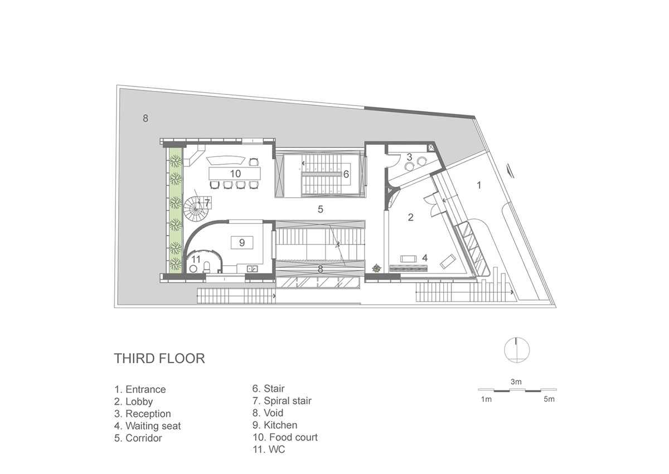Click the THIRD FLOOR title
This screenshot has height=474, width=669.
coord(159,358)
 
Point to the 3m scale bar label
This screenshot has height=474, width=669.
coord(516,382)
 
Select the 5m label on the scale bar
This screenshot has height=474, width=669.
coord(549,399)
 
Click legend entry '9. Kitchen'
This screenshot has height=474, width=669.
coord(275,425)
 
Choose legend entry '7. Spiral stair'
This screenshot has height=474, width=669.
coord(282,401)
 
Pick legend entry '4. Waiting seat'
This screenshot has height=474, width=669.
coord(148,425)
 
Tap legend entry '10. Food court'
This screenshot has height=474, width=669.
coord(285,437)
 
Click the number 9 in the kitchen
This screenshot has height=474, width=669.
coord(242,242)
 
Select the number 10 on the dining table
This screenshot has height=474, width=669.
coord(235,174)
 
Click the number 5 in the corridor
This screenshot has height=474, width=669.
coord(321,209)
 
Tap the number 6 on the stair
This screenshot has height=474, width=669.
coord(346,174)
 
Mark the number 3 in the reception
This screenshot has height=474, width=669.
coord(409,157)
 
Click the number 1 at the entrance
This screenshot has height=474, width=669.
coord(479,185)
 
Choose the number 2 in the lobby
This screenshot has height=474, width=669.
coord(411,217)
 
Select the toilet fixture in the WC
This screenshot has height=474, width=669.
coord(207,267)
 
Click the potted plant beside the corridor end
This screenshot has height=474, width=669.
coord(377,268)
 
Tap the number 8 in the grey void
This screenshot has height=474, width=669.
coord(146,118)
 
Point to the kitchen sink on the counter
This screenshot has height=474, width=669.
coord(253,269)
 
